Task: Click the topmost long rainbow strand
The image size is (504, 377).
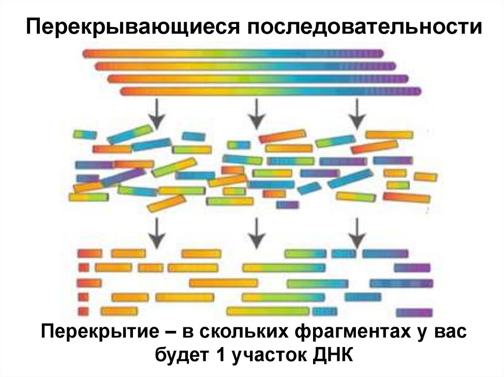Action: pos(233,53)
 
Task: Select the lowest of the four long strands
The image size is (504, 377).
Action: pos(271,91)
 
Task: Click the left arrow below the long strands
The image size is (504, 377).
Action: pos(157,113)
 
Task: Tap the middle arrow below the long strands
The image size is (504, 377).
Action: pos(256,113)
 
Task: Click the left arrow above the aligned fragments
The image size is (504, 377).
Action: pos(157,233)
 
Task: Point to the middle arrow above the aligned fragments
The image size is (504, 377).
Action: pos(256,233)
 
